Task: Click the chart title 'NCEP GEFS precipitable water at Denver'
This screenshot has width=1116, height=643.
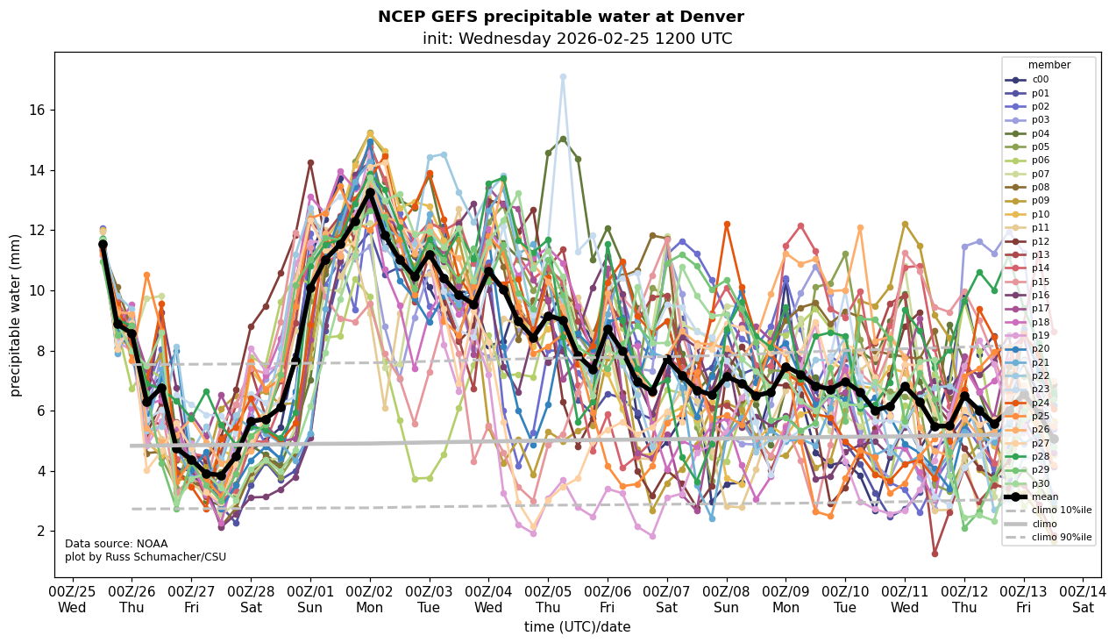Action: [560, 17]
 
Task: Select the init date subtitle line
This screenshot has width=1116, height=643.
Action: [577, 39]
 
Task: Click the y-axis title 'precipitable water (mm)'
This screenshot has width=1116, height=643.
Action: [16, 315]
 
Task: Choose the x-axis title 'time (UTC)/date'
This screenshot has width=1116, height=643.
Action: [577, 626]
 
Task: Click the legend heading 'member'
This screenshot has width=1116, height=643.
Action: [1048, 65]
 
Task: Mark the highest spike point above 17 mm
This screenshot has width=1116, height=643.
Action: [563, 76]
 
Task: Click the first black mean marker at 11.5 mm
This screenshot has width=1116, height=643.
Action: [103, 245]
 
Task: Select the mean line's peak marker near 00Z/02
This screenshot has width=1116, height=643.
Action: [370, 192]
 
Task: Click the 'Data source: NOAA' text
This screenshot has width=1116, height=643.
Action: [116, 544]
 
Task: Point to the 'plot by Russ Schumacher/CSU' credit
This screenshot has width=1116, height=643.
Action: [145, 557]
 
